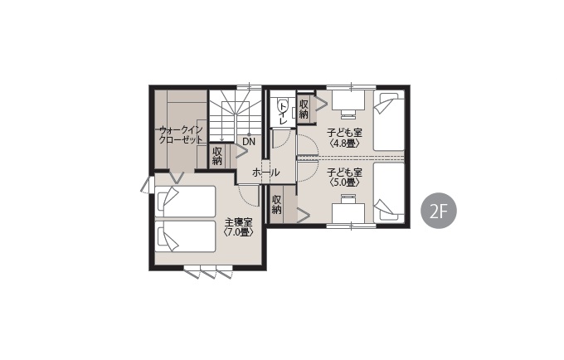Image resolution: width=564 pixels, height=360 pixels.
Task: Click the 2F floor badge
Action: point(439,212)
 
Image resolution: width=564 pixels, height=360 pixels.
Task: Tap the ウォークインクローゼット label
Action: point(181,134)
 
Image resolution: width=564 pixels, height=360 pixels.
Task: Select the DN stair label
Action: point(249,142)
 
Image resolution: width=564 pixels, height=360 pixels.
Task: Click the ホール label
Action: point(265,173)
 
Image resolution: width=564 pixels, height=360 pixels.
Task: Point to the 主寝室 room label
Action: point(238,222)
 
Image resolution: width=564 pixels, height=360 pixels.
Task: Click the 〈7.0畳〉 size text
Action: point(238,232)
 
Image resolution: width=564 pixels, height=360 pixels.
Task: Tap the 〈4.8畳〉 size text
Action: point(344,144)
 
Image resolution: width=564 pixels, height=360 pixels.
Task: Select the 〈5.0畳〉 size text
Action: point(344,182)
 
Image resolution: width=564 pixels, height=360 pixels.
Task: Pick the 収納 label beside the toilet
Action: point(304,109)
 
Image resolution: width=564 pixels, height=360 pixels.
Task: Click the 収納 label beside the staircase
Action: point(217,156)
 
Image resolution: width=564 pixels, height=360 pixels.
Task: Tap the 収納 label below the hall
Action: point(276,204)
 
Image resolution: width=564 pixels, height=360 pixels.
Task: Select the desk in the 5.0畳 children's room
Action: point(348,211)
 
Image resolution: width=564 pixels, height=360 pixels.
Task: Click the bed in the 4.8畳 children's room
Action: point(389,120)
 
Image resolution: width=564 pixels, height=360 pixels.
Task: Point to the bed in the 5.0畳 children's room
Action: point(389,192)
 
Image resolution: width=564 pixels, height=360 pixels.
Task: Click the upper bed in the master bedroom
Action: point(185,201)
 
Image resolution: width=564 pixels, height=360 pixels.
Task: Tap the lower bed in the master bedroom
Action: point(185,236)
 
